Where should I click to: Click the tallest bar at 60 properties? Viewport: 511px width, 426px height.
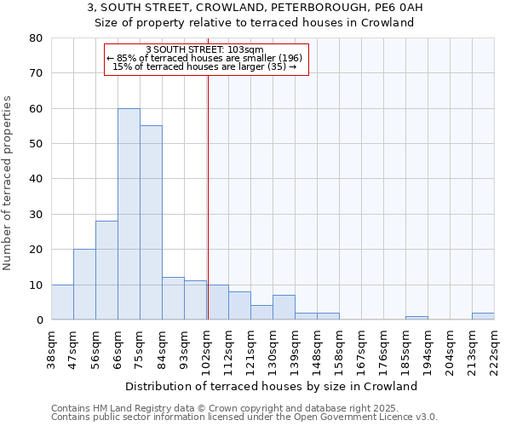click(x=129, y=214)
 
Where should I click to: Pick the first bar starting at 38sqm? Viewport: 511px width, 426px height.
click(x=62, y=302)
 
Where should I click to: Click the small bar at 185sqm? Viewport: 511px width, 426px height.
click(x=416, y=318)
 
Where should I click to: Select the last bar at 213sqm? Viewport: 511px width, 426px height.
click(x=483, y=316)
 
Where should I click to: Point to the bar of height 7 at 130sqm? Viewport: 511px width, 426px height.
click(x=284, y=308)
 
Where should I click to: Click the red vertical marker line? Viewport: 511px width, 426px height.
click(x=208, y=196)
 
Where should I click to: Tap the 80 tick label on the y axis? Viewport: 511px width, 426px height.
click(x=36, y=38)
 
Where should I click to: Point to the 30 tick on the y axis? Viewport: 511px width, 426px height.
click(x=36, y=215)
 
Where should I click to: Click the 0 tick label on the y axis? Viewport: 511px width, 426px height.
click(x=39, y=320)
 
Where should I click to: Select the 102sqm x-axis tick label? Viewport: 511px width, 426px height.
click(x=207, y=348)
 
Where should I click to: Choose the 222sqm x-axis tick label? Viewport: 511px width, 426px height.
click(x=495, y=348)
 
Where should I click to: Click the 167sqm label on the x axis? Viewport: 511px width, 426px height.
click(x=362, y=348)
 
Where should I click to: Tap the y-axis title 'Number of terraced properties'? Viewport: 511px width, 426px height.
click(x=9, y=183)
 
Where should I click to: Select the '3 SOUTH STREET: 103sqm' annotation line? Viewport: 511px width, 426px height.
click(x=204, y=49)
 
